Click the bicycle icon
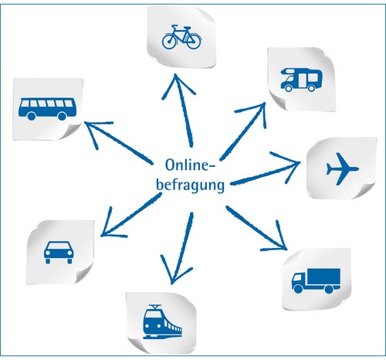click(x=181, y=37)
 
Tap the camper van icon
click(x=301, y=80)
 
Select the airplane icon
click(x=342, y=169)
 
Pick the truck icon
click(x=316, y=281)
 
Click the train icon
click(x=162, y=321)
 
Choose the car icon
click(x=59, y=253)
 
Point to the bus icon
click(x=47, y=109)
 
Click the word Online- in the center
click(x=190, y=165)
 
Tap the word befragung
click(x=191, y=185)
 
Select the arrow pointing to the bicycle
click(x=183, y=110)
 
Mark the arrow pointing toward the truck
click(x=256, y=228)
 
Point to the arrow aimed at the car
click(x=130, y=215)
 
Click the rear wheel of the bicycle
click(x=169, y=42)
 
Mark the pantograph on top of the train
click(x=155, y=307)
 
